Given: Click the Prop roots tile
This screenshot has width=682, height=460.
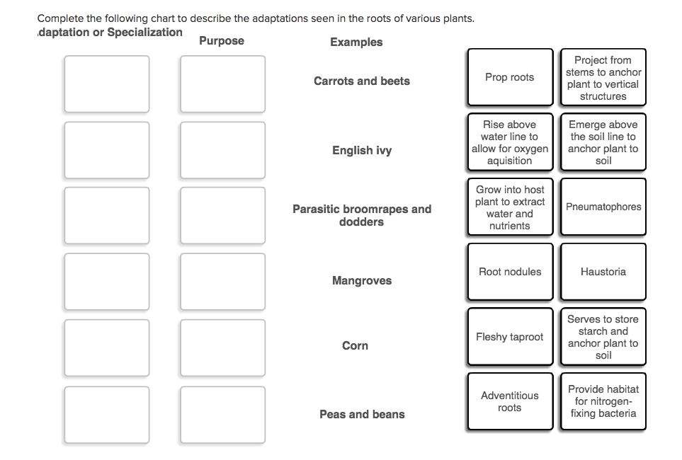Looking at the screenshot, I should pos(510,77).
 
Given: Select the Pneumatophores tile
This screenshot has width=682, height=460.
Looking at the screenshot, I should pos(603,207).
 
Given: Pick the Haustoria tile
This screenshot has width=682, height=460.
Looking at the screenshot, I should pos(603,272).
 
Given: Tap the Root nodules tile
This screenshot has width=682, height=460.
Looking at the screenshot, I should pos(510,272).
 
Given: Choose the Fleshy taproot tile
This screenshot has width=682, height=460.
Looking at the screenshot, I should pos(510,337).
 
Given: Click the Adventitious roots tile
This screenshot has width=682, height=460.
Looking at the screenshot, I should pos(510,401).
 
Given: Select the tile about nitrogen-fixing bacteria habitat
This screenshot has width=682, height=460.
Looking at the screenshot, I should pos(603,401).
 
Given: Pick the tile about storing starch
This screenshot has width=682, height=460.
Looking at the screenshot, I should pos(603,337).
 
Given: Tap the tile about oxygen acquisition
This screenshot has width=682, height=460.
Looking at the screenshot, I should pos(510,142).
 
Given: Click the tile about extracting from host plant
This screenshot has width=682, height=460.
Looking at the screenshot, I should pos(510,207).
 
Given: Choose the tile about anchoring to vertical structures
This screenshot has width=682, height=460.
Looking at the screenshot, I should pos(603,77).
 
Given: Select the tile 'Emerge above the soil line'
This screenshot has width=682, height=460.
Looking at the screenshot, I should pos(603,142).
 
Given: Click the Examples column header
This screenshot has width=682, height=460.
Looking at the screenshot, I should pos(356,42).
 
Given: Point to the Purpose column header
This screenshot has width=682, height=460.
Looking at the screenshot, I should pos(222,41).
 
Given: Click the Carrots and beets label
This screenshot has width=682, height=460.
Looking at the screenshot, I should pos(362,81).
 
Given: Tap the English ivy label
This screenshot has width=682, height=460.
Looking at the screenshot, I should pos(362,151).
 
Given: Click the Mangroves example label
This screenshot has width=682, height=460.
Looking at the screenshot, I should pos(362,281).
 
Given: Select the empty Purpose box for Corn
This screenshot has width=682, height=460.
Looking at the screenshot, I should pos(222,347).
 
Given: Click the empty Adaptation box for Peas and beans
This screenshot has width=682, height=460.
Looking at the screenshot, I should pos(107,415).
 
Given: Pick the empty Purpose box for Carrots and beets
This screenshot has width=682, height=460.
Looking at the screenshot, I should pos(222,84).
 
